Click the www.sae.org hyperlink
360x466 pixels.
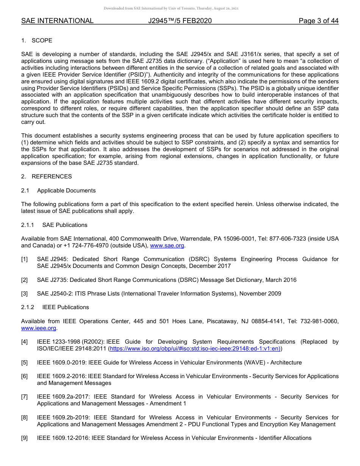167,246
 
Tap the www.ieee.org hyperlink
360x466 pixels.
39,328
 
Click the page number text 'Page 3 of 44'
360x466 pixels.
318,21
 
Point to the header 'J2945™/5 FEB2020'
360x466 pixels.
180,21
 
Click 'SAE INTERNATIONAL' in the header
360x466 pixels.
57,21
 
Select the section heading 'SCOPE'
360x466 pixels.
42,41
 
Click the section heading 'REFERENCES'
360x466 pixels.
52,177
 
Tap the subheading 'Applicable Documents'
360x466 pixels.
66,191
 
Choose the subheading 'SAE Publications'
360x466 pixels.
65,225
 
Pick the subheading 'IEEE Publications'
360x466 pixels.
66,307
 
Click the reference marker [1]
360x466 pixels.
25,259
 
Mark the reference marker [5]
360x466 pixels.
25,363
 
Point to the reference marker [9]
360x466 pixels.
25,438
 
